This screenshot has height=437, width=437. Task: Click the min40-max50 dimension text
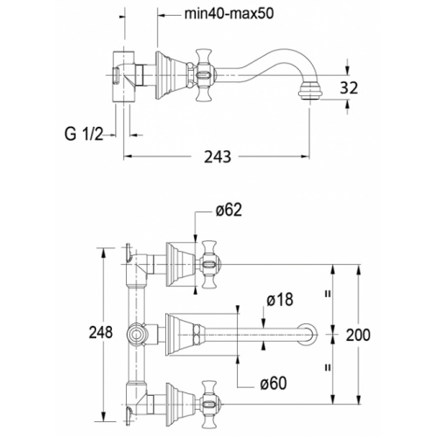pos(229,14)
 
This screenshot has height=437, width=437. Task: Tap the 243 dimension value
pos(218,156)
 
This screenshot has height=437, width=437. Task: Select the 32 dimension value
pos(349,87)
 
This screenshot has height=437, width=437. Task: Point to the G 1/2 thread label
pos(84,135)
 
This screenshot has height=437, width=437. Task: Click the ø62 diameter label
pos(229,210)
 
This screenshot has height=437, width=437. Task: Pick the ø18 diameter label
pos(280,299)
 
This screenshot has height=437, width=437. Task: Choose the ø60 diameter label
pos(274,384)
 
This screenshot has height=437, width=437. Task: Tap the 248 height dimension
pos(101,332)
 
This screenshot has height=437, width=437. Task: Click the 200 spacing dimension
pos(358,335)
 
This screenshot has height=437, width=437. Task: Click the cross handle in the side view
pos(205,75)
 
